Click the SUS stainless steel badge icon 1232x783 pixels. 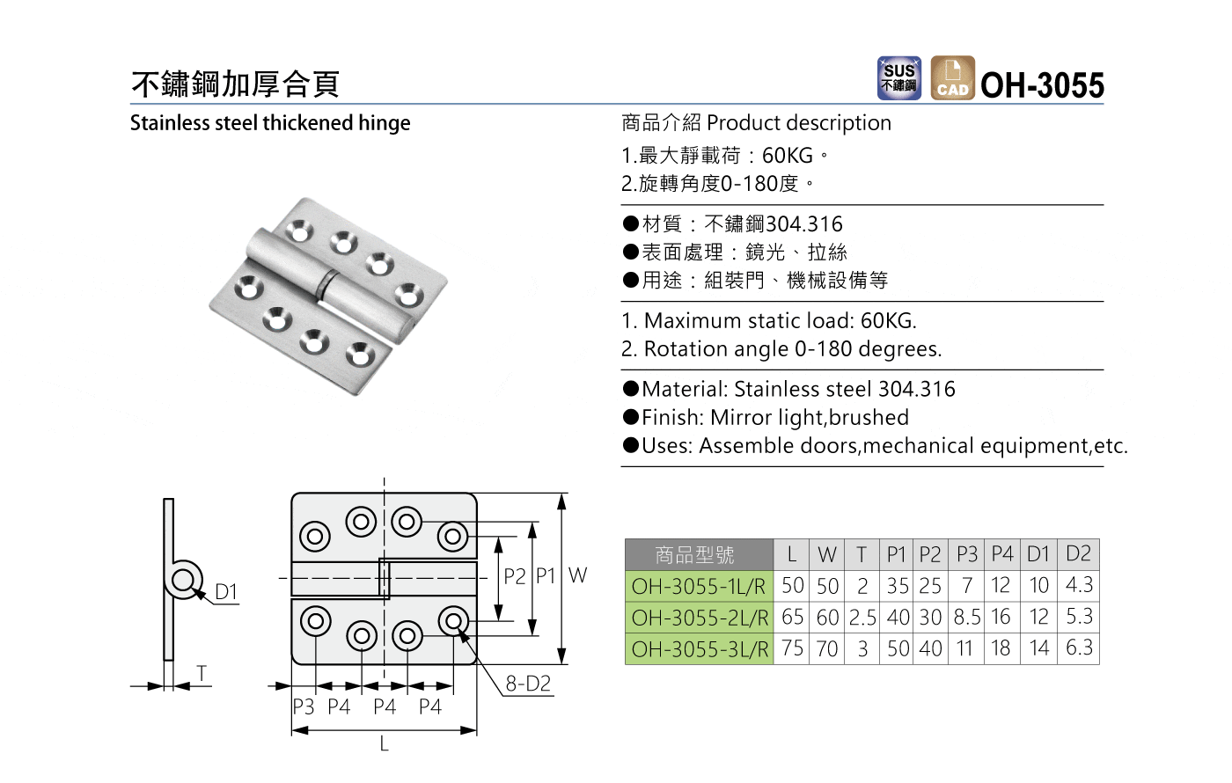pyautogui.click(x=898, y=78)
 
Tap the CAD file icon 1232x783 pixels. pyautogui.click(x=952, y=78)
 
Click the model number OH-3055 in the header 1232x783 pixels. pyautogui.click(x=1042, y=85)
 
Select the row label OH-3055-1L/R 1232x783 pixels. pyautogui.click(x=699, y=587)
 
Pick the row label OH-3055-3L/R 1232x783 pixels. pyautogui.click(x=700, y=649)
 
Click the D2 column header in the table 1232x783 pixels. pyautogui.click(x=1078, y=553)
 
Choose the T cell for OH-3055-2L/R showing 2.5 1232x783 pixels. pyautogui.click(x=862, y=618)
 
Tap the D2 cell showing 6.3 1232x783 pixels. pyautogui.click(x=1079, y=648)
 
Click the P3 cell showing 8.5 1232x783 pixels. pyautogui.click(x=967, y=618)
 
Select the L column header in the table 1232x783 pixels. pyautogui.click(x=792, y=555)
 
